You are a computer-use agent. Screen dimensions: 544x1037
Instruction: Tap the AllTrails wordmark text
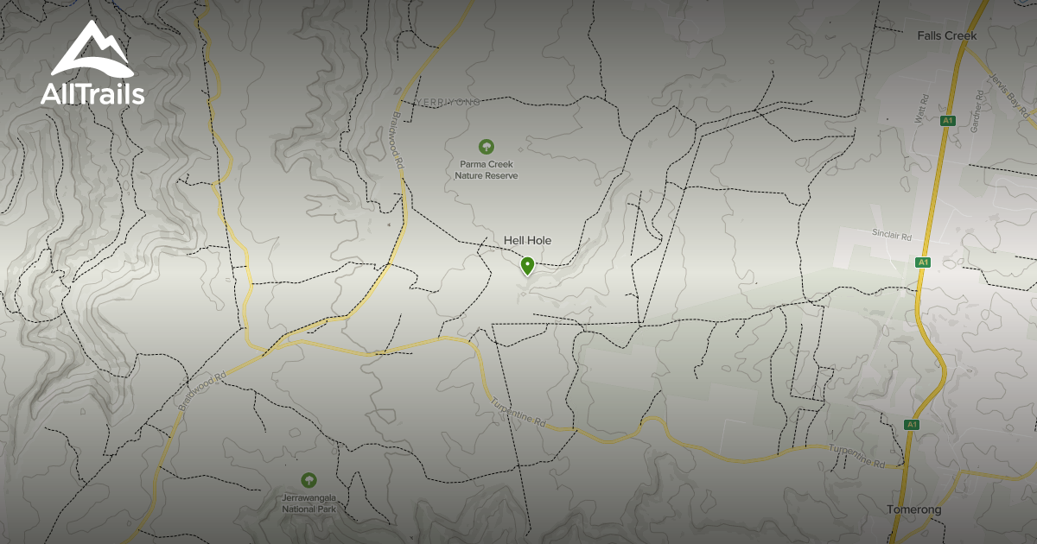(x=92, y=93)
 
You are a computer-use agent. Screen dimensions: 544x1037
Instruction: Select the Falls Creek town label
(x=946, y=36)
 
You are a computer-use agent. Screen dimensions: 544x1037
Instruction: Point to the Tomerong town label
(x=913, y=509)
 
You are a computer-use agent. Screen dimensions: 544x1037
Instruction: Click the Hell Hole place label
(x=527, y=241)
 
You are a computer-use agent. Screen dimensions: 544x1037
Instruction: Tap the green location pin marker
(x=527, y=266)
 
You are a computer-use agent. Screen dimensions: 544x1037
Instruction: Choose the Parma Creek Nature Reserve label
(x=487, y=169)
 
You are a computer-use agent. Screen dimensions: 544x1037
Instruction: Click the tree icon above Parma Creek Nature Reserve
(x=487, y=147)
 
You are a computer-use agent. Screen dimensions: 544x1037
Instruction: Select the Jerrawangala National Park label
(x=309, y=503)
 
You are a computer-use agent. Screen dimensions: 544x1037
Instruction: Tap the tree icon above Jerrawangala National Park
(x=309, y=480)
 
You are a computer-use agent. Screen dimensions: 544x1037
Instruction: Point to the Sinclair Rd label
(x=892, y=234)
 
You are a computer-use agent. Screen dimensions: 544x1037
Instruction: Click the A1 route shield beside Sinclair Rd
(x=923, y=262)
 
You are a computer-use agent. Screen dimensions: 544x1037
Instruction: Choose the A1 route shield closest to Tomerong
(x=911, y=425)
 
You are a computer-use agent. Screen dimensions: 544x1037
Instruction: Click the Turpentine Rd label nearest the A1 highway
(x=856, y=457)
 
